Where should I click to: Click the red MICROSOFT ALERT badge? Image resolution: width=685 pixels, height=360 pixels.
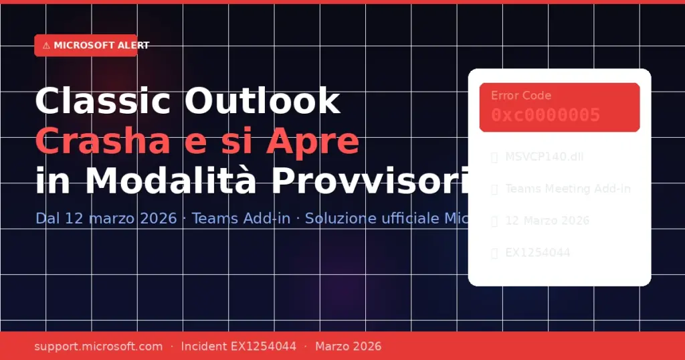coord(86,46)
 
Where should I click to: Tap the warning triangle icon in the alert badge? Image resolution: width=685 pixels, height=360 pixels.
coord(45,46)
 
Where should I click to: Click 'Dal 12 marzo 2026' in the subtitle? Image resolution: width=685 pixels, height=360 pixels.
coord(106,219)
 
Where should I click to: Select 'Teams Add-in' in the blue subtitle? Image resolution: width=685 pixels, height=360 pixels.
coord(241,219)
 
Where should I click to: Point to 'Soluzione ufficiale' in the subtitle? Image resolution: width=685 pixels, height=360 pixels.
coord(367,219)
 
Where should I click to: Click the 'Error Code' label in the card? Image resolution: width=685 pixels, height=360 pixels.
coord(521,96)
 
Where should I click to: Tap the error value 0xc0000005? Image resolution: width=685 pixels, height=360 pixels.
coord(545,115)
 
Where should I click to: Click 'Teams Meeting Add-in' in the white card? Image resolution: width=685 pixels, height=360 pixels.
coord(568,189)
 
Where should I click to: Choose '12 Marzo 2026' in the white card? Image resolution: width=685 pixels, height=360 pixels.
coord(547,221)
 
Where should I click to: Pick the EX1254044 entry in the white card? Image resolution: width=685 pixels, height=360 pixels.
coord(538,252)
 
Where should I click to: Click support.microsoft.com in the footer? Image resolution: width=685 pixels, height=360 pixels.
coord(98,346)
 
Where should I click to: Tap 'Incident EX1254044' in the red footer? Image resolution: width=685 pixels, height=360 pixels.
coord(238,346)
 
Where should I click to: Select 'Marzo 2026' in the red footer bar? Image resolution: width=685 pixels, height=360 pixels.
coord(348,346)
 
